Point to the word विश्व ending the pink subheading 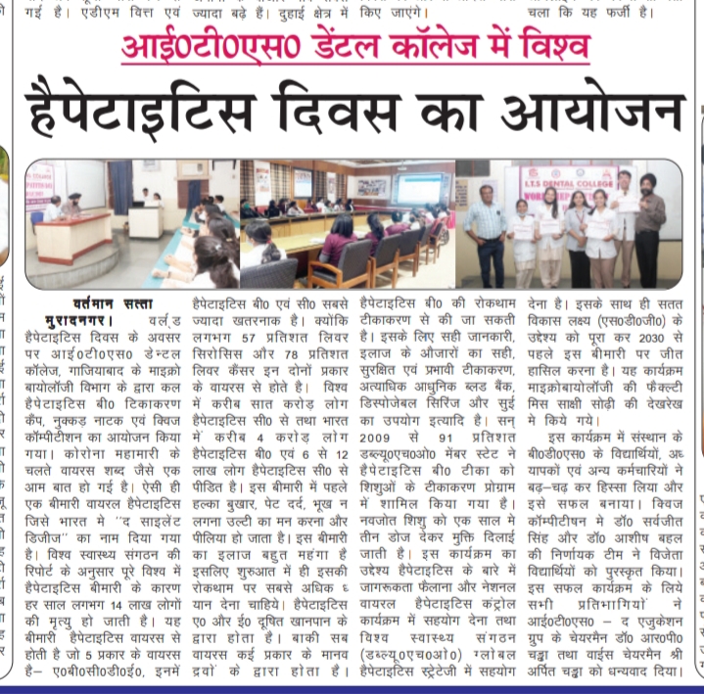(535, 47)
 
